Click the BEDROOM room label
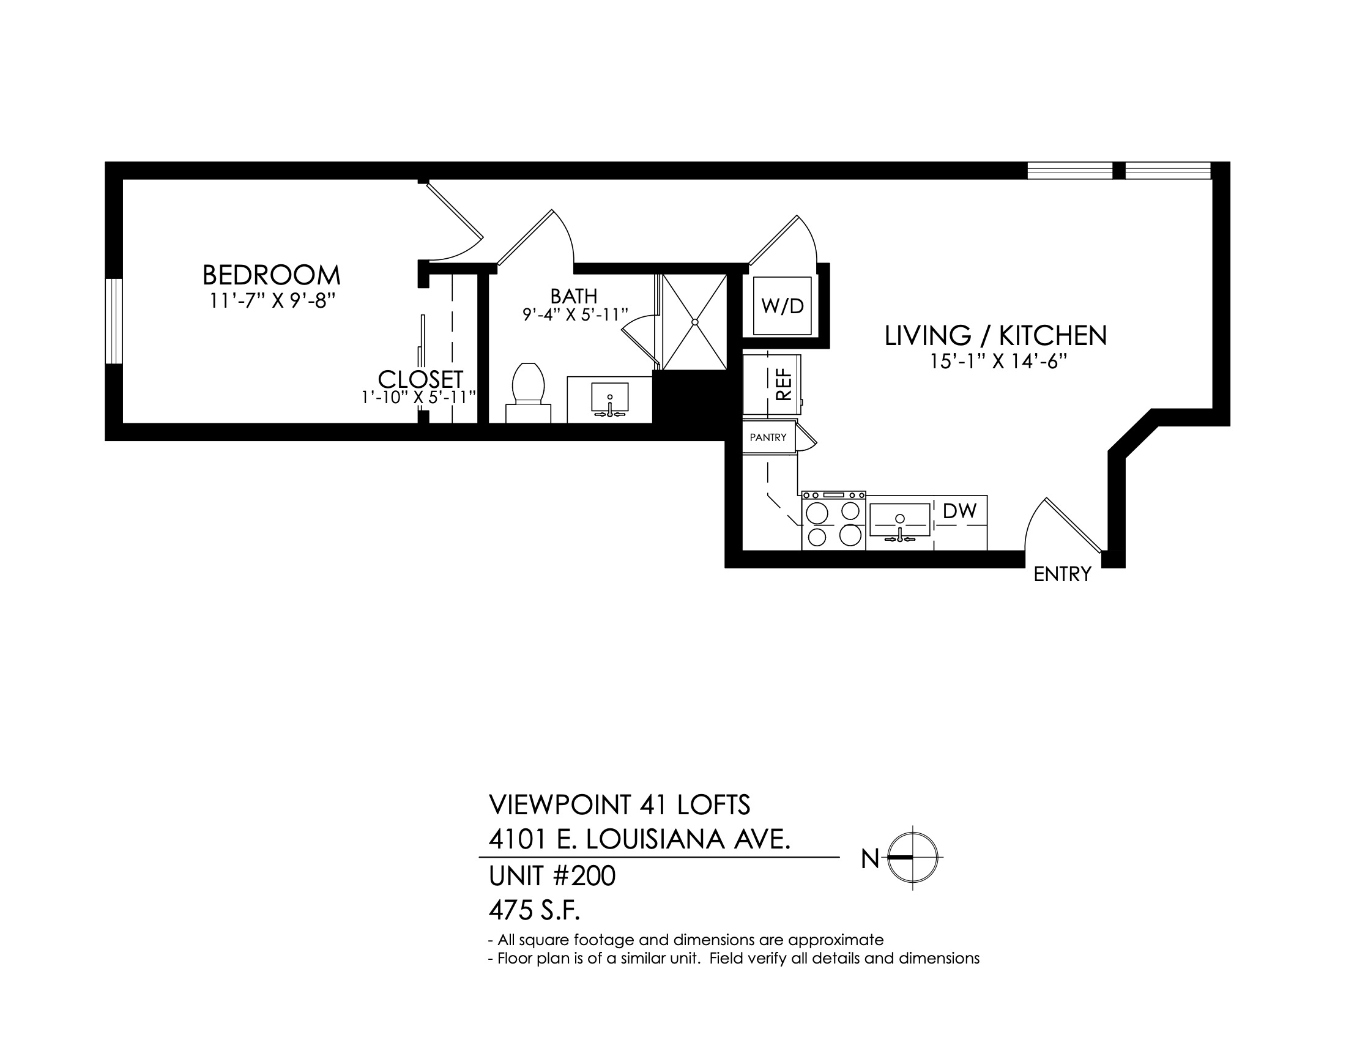coord(271,275)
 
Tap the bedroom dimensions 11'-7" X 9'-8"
coord(272,301)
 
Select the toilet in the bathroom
coord(527,392)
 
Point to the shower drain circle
coord(694,322)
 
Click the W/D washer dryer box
coord(782,306)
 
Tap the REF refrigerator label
coord(783,385)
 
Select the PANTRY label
coord(768,437)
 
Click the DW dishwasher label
coord(959,511)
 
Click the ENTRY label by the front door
coord(1062,574)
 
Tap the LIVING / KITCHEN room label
coord(995,336)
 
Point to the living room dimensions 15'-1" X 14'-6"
coord(998,362)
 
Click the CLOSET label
coord(420,379)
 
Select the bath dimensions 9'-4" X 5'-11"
coord(575,315)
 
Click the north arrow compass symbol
coord(913,857)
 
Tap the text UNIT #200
coord(552,876)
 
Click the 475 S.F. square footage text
coord(534,910)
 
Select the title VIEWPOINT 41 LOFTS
coord(619,804)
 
